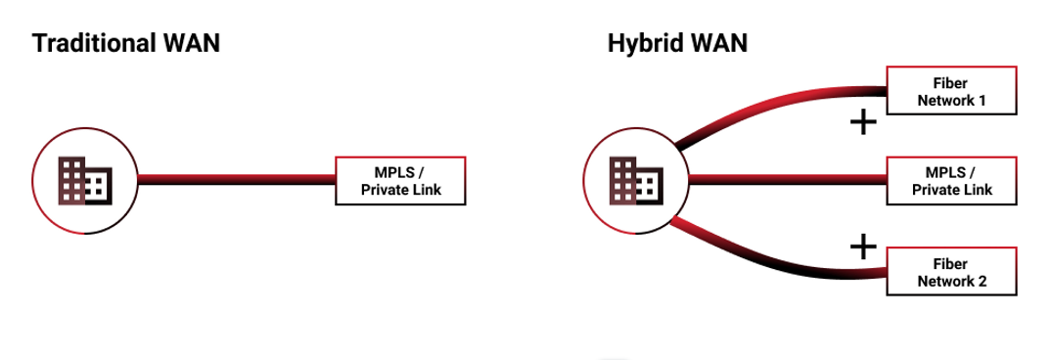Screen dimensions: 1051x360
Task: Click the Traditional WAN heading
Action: (x=126, y=44)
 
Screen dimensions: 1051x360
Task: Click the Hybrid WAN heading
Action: (x=677, y=44)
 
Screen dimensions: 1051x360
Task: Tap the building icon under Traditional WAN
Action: (x=85, y=180)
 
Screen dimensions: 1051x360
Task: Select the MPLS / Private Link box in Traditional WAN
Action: (x=400, y=180)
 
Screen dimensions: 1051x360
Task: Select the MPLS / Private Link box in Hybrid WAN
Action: (x=952, y=180)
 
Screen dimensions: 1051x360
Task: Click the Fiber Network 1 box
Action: (x=952, y=91)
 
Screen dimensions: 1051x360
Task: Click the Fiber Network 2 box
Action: (x=952, y=271)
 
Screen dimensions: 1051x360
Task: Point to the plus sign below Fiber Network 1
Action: (x=863, y=122)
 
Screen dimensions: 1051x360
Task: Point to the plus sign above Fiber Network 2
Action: (x=863, y=247)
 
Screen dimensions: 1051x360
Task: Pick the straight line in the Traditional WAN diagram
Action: (x=236, y=180)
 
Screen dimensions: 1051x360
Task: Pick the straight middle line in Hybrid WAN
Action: (x=788, y=180)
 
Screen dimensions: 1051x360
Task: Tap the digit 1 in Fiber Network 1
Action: (x=982, y=101)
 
